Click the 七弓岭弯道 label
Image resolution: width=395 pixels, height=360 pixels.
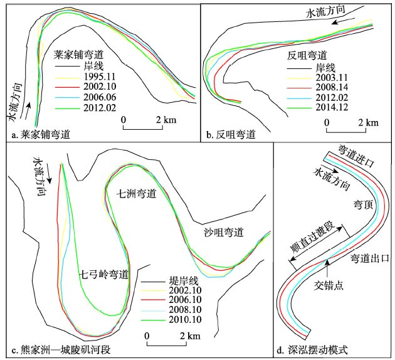click(x=104, y=274)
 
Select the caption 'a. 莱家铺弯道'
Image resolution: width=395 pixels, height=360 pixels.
click(x=41, y=135)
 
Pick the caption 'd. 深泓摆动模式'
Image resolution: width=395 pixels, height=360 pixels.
click(x=317, y=349)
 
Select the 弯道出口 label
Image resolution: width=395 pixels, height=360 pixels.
click(x=369, y=258)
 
